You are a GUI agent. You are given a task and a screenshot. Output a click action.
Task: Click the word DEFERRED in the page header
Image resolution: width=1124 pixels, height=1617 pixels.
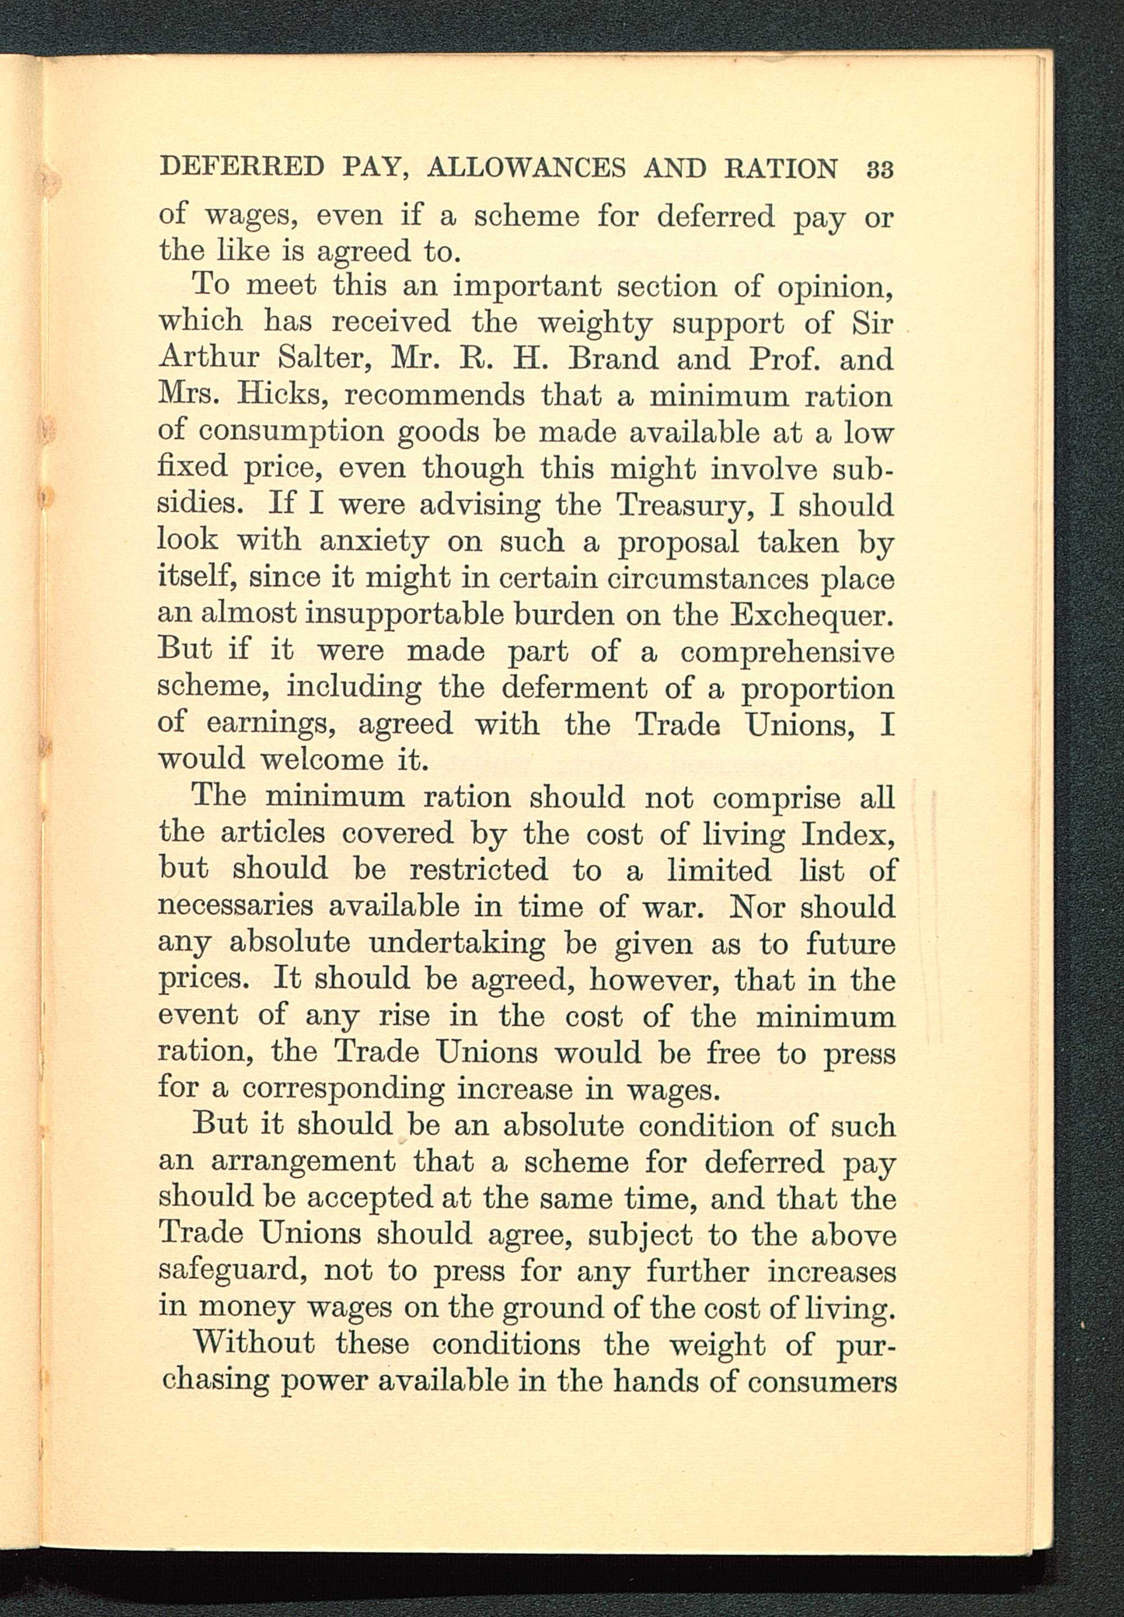pos(242,168)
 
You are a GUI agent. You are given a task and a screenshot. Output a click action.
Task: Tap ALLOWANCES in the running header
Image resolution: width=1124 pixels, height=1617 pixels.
pos(526,168)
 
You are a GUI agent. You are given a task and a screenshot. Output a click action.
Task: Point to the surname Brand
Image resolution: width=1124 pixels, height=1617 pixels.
pos(613,359)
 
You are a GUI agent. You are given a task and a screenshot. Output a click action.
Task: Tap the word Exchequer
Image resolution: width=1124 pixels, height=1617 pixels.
pos(813,615)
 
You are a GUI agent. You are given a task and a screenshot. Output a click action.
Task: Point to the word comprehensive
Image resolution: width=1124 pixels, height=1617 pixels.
pos(787,652)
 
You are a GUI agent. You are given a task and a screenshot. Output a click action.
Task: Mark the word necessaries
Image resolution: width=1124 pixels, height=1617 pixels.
pos(235,906)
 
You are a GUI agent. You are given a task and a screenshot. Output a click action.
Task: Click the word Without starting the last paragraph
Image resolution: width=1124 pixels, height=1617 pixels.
pos(253,1343)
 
